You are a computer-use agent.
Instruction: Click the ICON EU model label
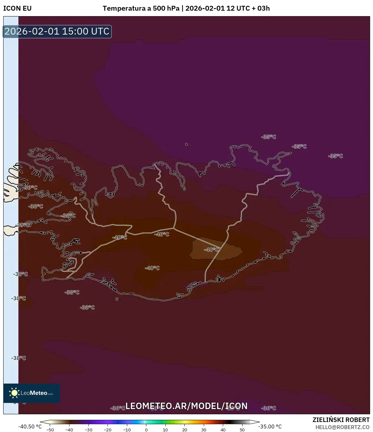17,8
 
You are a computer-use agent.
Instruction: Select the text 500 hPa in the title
166,8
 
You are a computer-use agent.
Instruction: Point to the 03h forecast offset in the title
264,8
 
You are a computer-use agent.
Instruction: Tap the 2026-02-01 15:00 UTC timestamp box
57,31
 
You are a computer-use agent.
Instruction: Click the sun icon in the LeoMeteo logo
14,393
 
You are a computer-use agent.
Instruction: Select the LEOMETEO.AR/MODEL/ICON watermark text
186,406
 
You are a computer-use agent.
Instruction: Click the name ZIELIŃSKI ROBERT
341,420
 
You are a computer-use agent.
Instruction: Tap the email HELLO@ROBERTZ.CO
342,427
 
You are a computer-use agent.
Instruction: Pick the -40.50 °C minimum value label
30,427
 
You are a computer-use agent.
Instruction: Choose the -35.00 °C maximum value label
270,427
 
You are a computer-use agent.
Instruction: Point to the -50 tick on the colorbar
50,430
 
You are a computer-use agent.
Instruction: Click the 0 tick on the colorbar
146,430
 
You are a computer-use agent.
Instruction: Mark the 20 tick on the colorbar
185,430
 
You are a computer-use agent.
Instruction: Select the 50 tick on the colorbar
242,430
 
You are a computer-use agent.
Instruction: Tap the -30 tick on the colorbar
88,430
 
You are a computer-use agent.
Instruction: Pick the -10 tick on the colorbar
127,430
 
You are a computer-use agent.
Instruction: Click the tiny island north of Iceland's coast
187,144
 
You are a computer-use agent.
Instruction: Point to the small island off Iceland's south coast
117,299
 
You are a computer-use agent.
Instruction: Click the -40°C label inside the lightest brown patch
211,250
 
